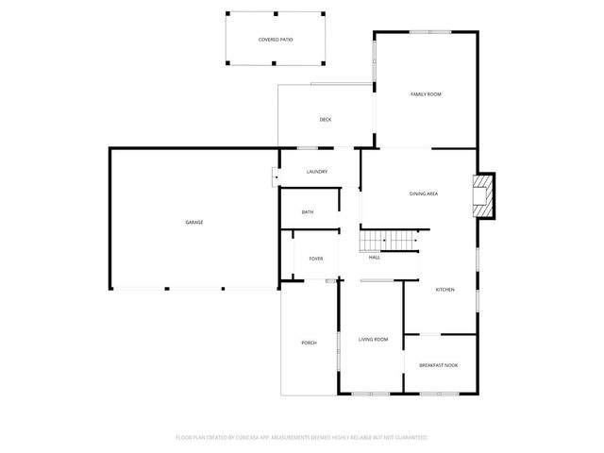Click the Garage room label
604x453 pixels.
tap(193, 222)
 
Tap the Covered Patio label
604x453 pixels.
tap(276, 40)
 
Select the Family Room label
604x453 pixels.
tap(426, 94)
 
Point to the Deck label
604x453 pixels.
tap(325, 119)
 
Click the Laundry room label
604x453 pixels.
tap(316, 171)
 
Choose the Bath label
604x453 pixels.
tap(308, 212)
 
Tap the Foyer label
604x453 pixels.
tap(315, 258)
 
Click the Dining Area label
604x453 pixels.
tap(423, 194)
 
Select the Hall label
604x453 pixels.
tap(375, 257)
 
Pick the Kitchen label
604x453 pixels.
tap(445, 290)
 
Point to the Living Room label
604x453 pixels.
tap(373, 339)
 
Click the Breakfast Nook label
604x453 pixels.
tap(438, 364)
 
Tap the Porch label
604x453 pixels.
tap(309, 343)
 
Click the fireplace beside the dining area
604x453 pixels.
tap(484, 194)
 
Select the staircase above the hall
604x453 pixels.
tap(390, 241)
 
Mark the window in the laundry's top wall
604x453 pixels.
tap(307, 148)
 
